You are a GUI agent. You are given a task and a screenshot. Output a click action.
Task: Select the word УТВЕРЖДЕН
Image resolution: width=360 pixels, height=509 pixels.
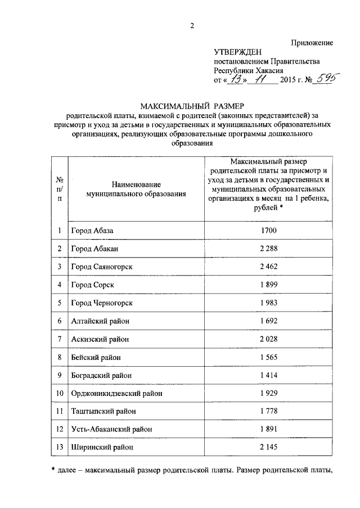(x=235, y=52)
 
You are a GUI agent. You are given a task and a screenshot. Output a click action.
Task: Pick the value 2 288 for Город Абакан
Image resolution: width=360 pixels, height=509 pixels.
(x=268, y=249)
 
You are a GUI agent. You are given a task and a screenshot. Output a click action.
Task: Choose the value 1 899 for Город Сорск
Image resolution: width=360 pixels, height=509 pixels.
(x=268, y=285)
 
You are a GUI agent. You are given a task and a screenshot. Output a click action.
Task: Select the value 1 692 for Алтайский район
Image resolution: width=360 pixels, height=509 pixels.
(x=268, y=321)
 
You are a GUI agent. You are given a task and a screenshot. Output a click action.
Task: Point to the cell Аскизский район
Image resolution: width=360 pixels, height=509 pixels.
(x=100, y=339)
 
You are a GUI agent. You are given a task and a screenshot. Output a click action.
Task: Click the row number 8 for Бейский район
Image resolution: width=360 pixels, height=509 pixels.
(x=59, y=357)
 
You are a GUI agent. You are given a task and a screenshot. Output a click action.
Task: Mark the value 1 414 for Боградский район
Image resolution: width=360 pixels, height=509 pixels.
(x=268, y=375)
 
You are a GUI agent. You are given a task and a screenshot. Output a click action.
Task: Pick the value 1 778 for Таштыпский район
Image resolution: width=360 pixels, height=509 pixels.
(x=268, y=412)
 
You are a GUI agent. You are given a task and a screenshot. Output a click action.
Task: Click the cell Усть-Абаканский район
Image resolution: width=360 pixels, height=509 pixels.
(x=111, y=430)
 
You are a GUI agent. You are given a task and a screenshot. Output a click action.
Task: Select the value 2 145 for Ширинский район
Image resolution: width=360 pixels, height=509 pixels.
(x=268, y=448)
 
